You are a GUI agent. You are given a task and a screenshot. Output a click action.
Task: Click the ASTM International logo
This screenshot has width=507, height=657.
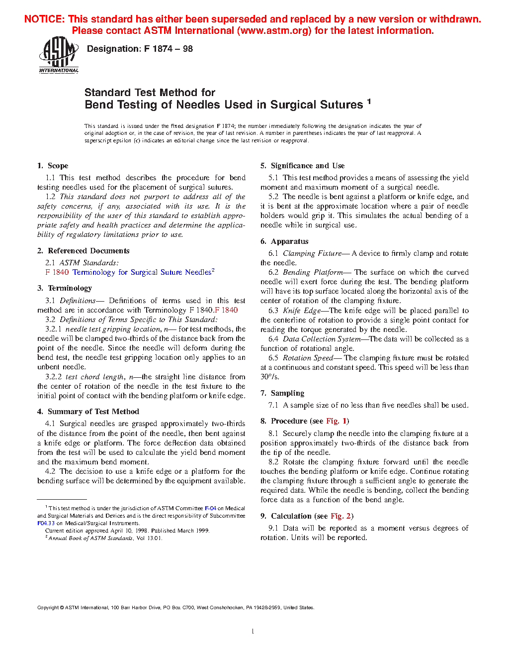tap(59, 55)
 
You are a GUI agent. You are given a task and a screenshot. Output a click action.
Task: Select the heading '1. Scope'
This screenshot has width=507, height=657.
tap(53, 166)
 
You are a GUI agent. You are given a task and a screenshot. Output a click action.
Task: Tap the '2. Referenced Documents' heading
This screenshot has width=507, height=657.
tap(83, 251)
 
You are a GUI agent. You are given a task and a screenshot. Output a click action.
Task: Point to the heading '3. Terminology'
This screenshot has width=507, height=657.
tap(65, 288)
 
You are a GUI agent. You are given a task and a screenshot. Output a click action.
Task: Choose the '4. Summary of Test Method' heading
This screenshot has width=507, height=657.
tap(88, 412)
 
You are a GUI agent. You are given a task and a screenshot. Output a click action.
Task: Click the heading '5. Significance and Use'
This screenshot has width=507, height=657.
tap(302, 166)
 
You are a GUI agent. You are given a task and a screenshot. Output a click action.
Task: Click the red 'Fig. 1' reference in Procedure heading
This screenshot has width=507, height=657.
tap(336, 421)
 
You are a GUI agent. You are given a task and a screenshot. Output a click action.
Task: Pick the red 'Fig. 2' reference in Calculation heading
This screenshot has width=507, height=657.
tap(340, 516)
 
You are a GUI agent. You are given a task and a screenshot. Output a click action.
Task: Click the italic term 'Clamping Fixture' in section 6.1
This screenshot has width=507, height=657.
tap(312, 253)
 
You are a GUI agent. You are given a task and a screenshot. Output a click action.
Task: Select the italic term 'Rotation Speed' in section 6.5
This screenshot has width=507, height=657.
tap(307, 358)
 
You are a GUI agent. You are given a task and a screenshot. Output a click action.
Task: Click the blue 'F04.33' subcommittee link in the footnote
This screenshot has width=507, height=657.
tap(46, 523)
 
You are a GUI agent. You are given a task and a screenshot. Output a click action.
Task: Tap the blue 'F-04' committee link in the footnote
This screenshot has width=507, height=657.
tap(210, 508)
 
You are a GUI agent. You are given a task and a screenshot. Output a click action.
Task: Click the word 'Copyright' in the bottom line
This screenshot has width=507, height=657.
tap(48, 607)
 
